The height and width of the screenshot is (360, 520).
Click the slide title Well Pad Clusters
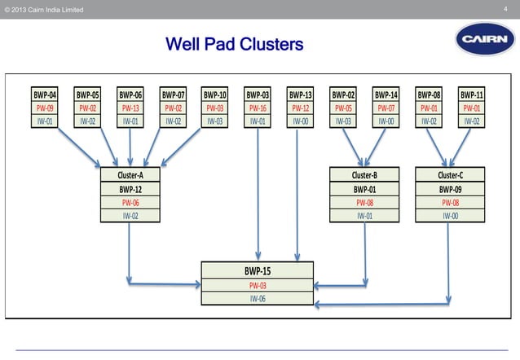[x=234, y=42]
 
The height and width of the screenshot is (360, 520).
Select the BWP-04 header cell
[x=44, y=94]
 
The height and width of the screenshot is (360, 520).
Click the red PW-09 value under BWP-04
[x=44, y=108]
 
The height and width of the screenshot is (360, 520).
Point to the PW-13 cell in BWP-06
[x=130, y=108]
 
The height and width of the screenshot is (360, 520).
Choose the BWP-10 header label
[x=215, y=94]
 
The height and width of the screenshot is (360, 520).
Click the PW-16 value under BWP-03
[x=258, y=108]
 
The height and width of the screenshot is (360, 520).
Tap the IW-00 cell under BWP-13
[x=301, y=121]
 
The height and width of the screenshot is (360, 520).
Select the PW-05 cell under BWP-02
[x=343, y=108]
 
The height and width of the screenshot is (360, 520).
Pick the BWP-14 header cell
[x=386, y=94]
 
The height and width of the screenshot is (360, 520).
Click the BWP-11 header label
[x=471, y=94]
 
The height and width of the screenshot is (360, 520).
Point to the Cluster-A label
[x=130, y=174]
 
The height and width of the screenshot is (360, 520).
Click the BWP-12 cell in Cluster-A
[x=130, y=188]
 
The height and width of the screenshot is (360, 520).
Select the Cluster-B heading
[x=364, y=174]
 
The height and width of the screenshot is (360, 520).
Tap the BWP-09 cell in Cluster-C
[x=449, y=188]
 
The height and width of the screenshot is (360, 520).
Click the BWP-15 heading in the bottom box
[x=258, y=270]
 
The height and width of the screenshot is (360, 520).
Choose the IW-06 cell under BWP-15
[x=258, y=298]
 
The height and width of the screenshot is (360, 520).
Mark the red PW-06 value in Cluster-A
[x=130, y=202]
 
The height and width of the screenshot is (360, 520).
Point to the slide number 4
[x=506, y=9]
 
